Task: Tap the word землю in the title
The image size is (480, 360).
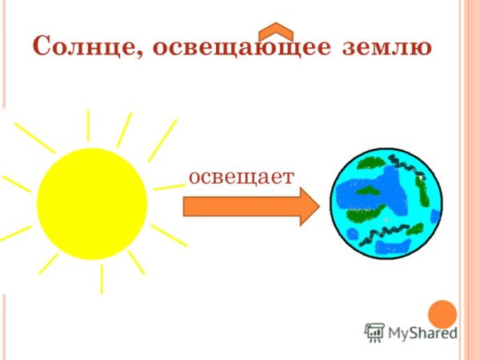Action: click(387, 47)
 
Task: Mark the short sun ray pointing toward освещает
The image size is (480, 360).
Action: click(169, 186)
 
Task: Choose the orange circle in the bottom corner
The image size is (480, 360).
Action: click(442, 314)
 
